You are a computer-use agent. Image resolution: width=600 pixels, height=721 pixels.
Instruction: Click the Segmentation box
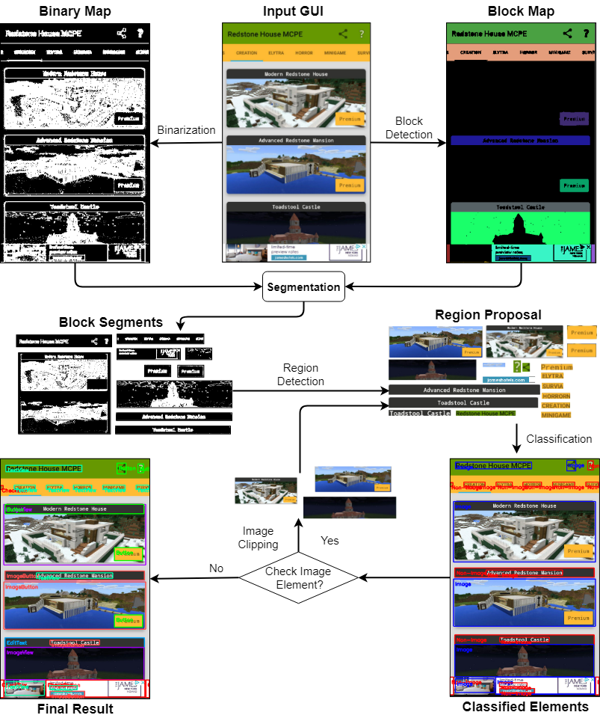tap(303, 287)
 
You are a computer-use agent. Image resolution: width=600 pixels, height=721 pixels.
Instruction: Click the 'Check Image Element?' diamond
tap(298, 578)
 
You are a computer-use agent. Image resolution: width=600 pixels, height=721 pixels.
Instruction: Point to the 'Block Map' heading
tap(520, 12)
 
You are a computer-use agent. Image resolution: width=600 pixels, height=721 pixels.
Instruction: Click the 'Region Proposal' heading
tap(488, 315)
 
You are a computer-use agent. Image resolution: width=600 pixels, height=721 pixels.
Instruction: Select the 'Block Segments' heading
tap(111, 322)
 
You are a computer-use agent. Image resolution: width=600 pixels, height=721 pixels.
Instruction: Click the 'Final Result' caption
tap(75, 709)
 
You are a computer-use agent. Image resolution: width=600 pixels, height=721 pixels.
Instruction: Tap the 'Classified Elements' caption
tap(525, 707)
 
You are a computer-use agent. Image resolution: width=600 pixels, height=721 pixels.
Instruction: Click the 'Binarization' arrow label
tap(186, 130)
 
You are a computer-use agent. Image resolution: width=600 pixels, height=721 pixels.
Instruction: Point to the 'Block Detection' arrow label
tap(409, 128)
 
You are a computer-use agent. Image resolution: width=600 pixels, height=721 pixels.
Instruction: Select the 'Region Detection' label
tap(301, 375)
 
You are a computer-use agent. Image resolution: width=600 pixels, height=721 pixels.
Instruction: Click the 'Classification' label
tap(559, 438)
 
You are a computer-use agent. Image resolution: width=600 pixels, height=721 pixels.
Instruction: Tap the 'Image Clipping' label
tap(258, 539)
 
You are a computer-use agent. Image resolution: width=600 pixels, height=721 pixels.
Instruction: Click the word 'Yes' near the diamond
tap(330, 540)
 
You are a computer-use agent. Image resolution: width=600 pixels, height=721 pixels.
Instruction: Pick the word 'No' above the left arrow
tap(216, 568)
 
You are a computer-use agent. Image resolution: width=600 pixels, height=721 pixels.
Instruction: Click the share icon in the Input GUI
tap(343, 34)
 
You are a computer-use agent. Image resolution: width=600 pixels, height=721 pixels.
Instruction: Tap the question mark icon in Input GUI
tap(362, 34)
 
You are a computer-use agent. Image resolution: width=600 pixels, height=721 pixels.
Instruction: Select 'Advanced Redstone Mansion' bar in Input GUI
tap(296, 141)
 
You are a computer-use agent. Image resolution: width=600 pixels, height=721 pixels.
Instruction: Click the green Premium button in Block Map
tap(574, 185)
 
